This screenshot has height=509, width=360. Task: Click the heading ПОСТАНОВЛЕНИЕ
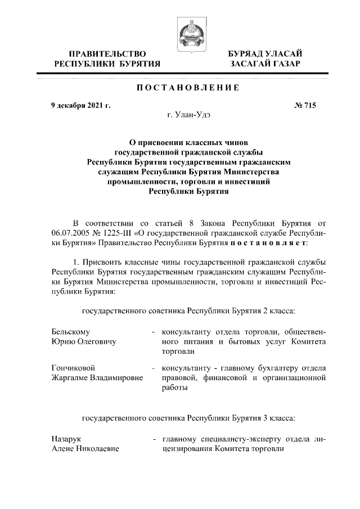(x=180, y=88)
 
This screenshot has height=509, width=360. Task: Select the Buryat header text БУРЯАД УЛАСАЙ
(x=265, y=53)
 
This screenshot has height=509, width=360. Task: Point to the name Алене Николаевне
(x=85, y=449)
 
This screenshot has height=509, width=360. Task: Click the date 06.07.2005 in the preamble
(x=70, y=233)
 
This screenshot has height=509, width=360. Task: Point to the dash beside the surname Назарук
(x=153, y=439)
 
